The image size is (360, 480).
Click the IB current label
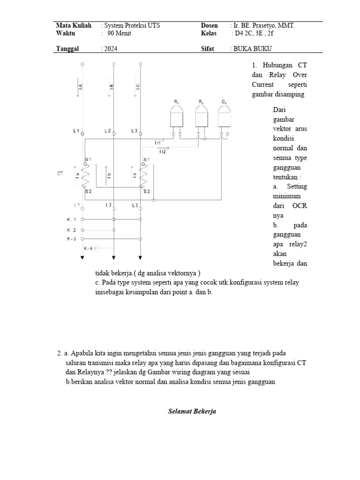[112, 88]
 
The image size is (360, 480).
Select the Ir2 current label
[163, 151]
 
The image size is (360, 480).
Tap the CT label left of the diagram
[60, 174]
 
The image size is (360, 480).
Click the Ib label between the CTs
[109, 175]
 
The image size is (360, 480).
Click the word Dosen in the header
[209, 26]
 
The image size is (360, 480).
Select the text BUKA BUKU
[253, 48]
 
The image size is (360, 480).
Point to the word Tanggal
[67, 48]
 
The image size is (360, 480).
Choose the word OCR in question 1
[299, 206]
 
